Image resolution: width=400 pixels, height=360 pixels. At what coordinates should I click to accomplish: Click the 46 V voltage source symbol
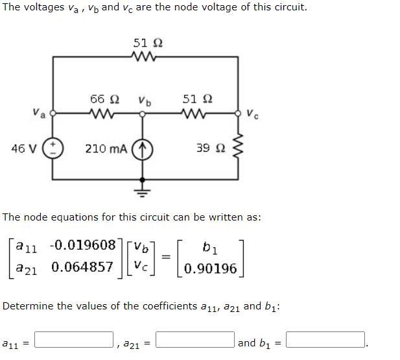53,149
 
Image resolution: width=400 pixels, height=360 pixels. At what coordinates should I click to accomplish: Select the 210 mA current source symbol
142,149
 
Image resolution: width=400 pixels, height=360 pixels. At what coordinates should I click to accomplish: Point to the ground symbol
143,191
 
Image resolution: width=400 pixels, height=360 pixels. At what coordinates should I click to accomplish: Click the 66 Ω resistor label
104,99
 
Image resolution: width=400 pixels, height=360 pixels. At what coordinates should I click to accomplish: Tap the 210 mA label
106,149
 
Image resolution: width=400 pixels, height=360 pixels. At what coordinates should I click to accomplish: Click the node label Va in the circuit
40,114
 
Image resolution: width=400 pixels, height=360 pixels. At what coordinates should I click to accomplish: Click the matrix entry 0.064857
82,267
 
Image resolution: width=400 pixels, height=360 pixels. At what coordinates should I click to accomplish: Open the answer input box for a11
75,340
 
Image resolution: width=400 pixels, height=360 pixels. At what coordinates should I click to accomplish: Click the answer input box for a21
194,340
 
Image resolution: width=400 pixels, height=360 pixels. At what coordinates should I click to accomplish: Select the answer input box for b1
325,340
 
